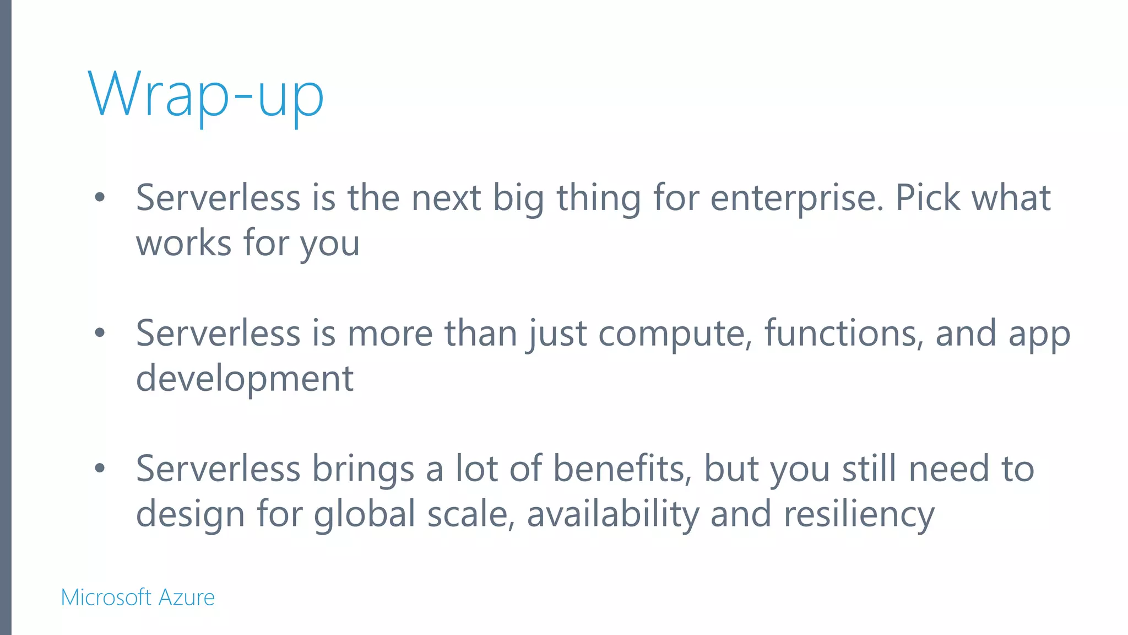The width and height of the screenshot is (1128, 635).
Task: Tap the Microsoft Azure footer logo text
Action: point(138,598)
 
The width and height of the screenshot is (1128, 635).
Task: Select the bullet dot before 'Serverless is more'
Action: point(100,333)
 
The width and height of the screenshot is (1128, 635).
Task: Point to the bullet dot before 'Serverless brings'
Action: point(100,469)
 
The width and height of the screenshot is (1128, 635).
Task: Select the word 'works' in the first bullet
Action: point(183,244)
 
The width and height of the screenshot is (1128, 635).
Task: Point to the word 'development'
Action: point(245,379)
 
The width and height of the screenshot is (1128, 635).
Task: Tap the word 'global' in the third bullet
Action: point(365,515)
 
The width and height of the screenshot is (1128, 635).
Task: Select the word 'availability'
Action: point(612,515)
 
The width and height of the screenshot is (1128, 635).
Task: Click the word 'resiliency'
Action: point(859,515)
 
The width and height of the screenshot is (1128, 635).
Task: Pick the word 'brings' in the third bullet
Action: point(363,470)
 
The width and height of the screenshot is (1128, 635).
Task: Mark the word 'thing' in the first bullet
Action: point(599,198)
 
